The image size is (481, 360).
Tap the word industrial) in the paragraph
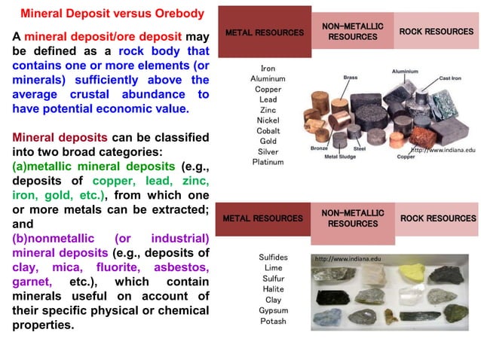pyautogui.click(x=178, y=238)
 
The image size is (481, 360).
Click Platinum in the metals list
pyautogui.click(x=268, y=162)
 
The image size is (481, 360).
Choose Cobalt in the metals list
pyautogui.click(x=268, y=130)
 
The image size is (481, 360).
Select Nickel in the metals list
pyautogui.click(x=268, y=120)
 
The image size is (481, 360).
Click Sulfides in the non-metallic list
pyautogui.click(x=273, y=258)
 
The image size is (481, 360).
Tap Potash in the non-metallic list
pyautogui.click(x=273, y=321)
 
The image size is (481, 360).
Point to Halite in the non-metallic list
pyautogui.click(x=273, y=289)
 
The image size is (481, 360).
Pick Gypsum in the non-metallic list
pyautogui.click(x=273, y=310)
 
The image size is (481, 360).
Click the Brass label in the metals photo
pyautogui.click(x=351, y=77)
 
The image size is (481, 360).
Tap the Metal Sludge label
pyautogui.click(x=341, y=157)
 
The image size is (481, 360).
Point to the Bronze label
pyautogui.click(x=319, y=148)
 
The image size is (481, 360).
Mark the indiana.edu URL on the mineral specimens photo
pyautogui.click(x=348, y=258)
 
